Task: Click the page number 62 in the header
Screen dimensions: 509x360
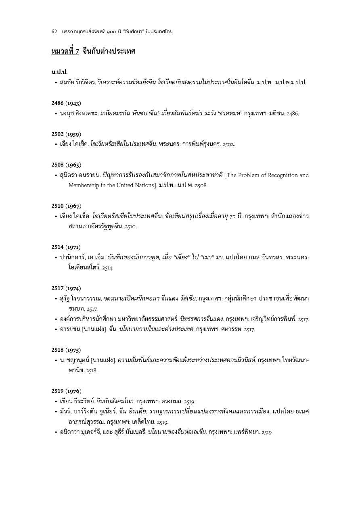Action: coord(54,31)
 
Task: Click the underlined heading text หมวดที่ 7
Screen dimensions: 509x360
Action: coord(65,52)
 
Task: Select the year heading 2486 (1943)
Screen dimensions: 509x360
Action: coord(66,103)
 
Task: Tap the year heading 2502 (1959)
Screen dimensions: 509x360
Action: coord(66,134)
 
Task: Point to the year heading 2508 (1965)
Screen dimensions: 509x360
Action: coord(66,165)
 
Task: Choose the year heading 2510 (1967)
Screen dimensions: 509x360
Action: coord(66,206)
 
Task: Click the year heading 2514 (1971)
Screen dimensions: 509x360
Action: coord(66,247)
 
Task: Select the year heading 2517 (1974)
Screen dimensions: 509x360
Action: coord(66,288)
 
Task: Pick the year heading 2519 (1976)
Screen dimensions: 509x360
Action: coord(66,391)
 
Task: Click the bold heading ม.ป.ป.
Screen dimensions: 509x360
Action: coord(59,72)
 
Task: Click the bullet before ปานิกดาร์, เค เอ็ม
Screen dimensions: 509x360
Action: coord(56,257)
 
